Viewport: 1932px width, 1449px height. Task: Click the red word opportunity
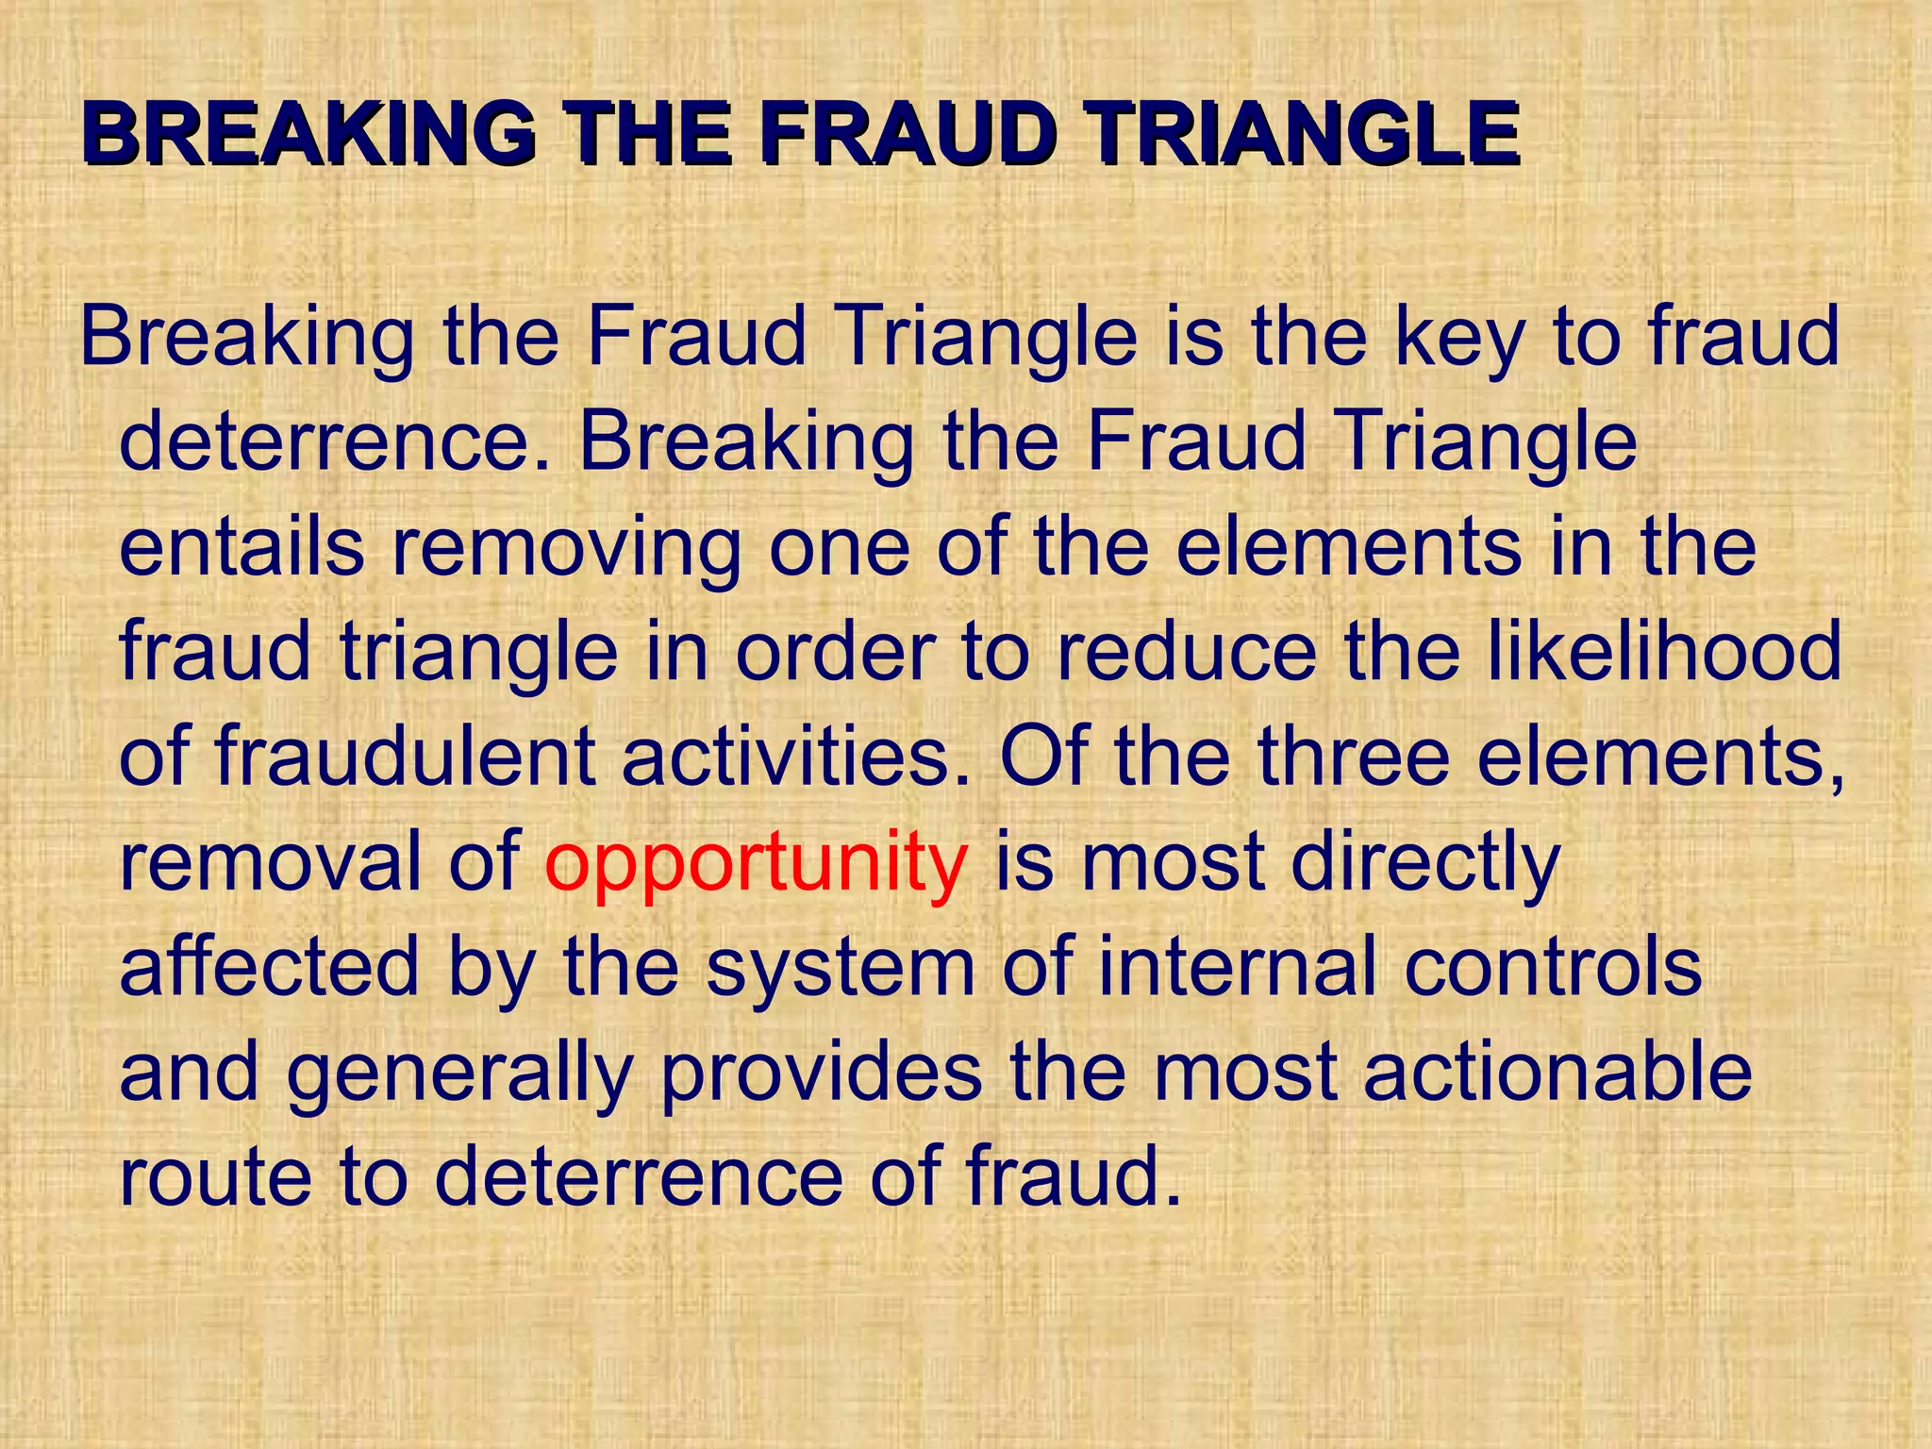(756, 863)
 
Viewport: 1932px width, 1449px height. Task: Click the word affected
(270, 967)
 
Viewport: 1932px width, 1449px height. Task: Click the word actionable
(1557, 1073)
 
